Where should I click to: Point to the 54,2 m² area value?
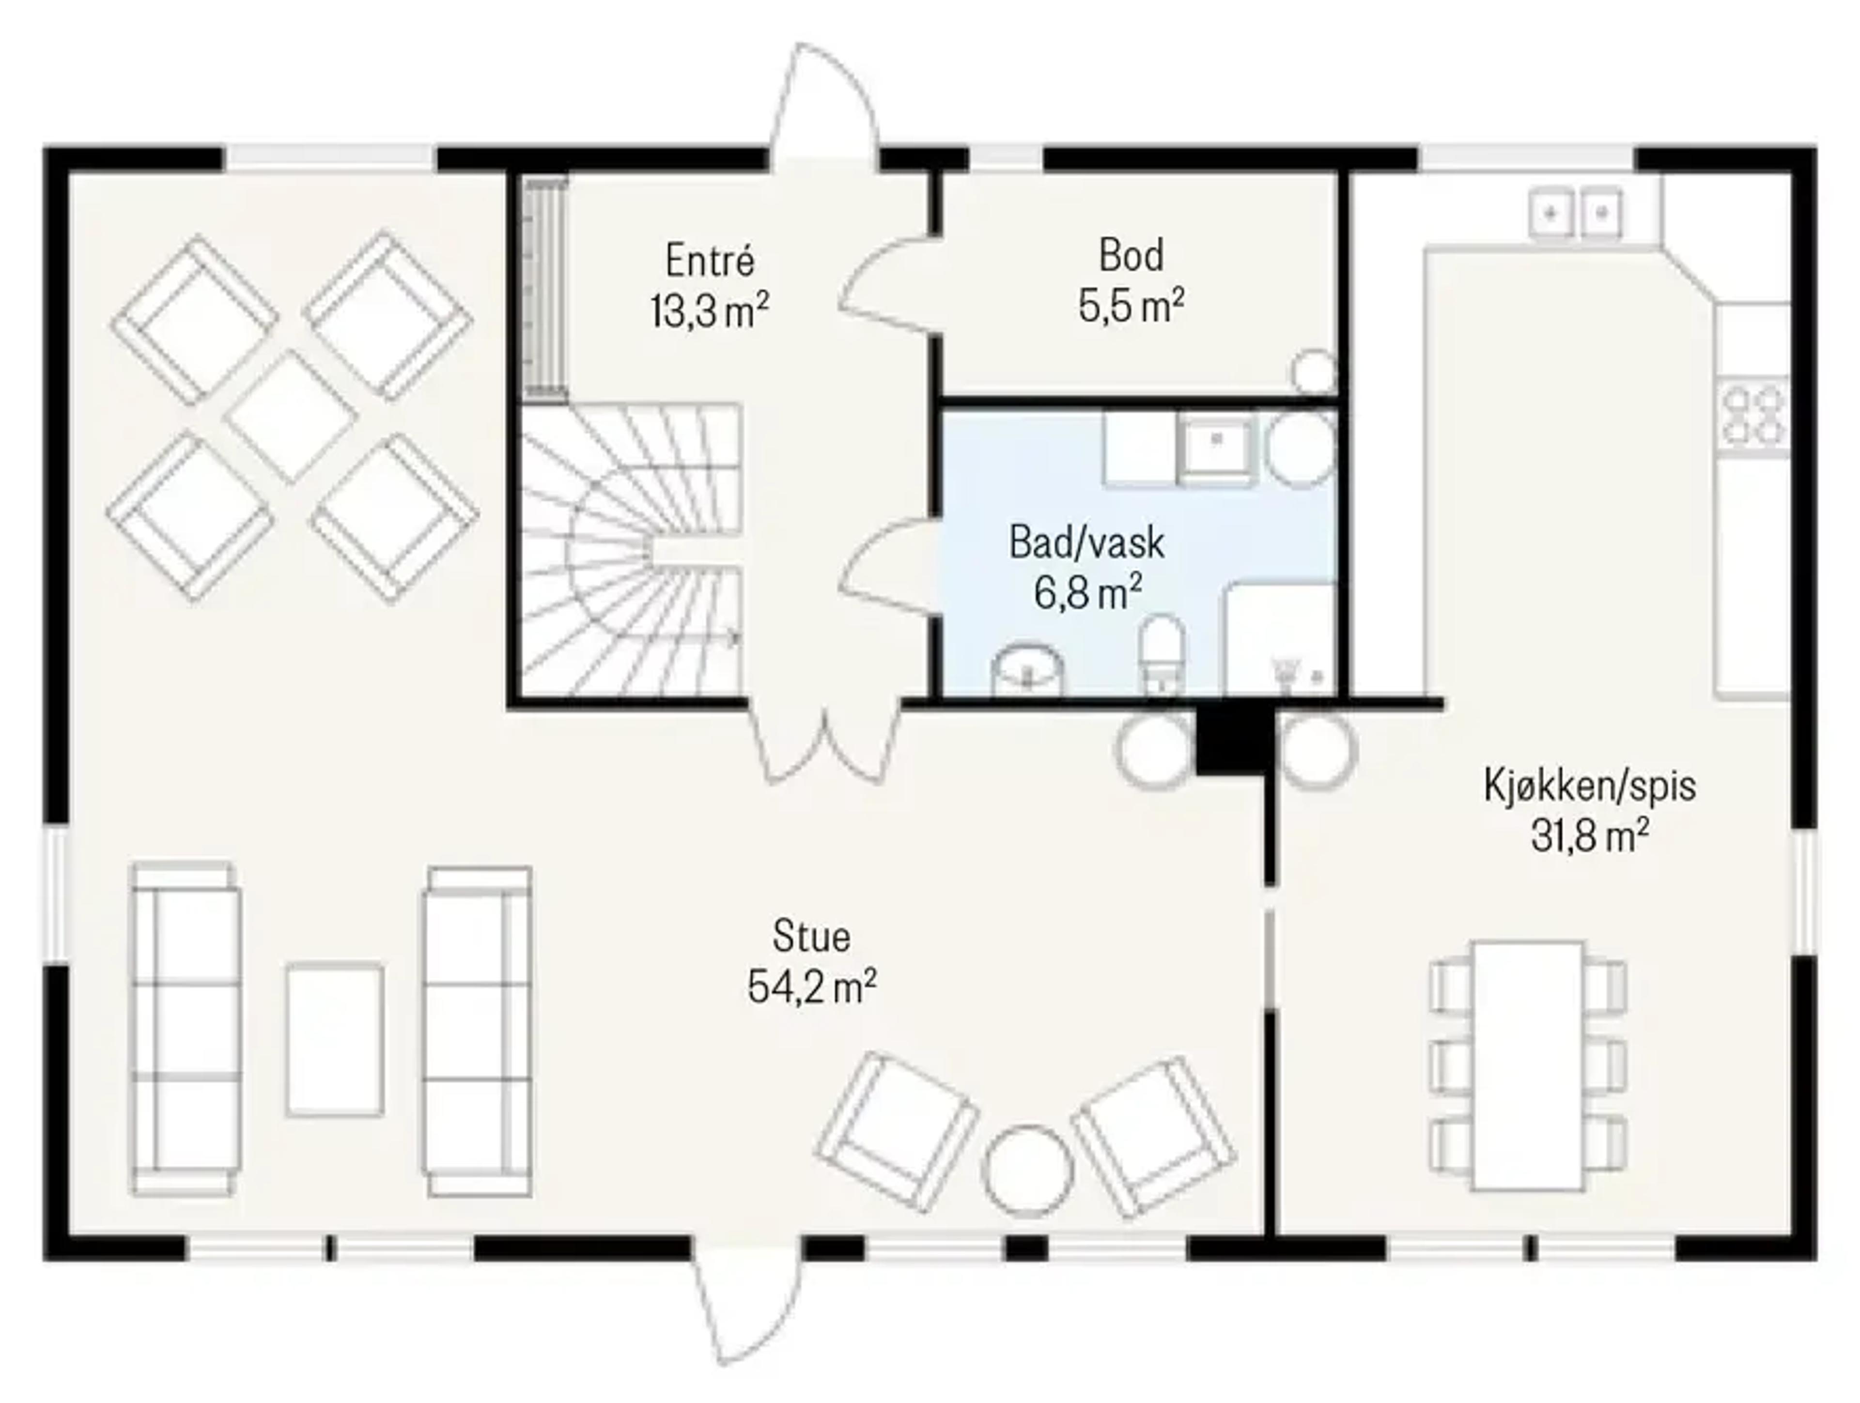click(x=811, y=987)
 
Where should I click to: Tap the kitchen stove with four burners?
click(x=1753, y=415)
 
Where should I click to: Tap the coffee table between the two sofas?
click(x=335, y=1040)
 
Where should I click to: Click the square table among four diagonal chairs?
click(x=291, y=416)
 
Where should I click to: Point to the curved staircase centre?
click(x=631, y=551)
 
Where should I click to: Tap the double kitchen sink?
click(x=1576, y=215)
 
